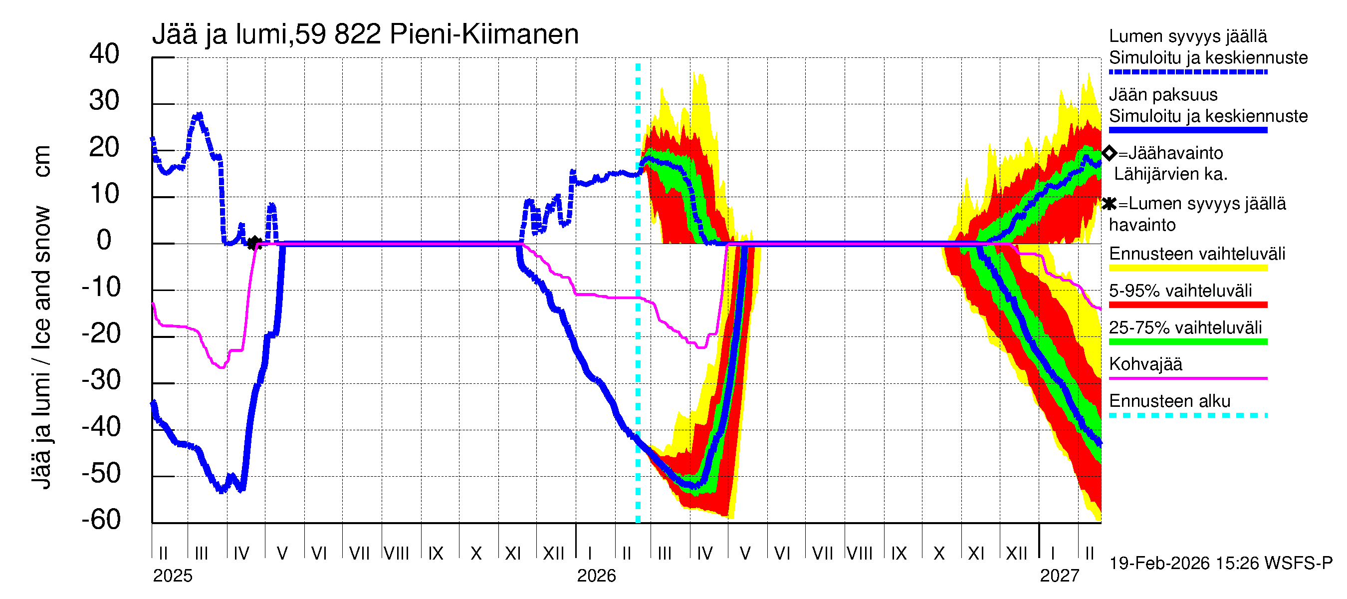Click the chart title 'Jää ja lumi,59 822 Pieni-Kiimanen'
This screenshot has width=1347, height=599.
[x=365, y=34]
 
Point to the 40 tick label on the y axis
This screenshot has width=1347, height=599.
[x=104, y=54]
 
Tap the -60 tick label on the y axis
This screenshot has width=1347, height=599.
[x=101, y=520]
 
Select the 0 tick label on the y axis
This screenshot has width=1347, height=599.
[x=104, y=240]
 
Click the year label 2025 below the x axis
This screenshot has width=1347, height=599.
[x=173, y=576]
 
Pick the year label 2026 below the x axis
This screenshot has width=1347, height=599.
[x=596, y=576]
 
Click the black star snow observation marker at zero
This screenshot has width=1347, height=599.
[x=254, y=243]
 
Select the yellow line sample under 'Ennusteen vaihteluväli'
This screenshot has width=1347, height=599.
[x=1187, y=268]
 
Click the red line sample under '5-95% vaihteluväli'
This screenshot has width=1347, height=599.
[x=1187, y=304]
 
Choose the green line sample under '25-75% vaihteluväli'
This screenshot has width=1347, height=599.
[x=1187, y=341]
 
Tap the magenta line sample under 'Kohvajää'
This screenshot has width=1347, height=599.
[x=1187, y=378]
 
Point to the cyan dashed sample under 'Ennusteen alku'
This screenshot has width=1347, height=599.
[x=1187, y=415]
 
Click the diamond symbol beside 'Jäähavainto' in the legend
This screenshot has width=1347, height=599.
[x=1109, y=153]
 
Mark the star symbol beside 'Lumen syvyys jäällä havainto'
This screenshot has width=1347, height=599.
[x=1109, y=204]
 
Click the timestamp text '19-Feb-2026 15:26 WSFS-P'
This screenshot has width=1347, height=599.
[x=1221, y=564]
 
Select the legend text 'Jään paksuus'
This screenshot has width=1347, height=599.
[x=1163, y=95]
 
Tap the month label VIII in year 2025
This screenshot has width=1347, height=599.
[x=396, y=553]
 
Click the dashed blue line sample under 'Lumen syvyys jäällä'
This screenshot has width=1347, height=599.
[x=1187, y=72]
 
